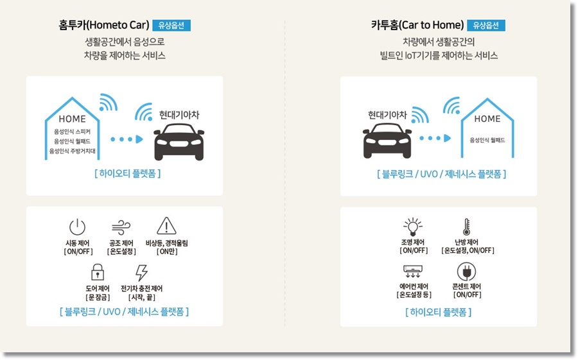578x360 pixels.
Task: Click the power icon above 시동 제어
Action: pos(77,227)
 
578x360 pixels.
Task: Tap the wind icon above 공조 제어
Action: pos(121,227)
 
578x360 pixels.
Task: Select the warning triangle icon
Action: pos(166,226)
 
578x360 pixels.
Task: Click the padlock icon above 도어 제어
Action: pos(98,271)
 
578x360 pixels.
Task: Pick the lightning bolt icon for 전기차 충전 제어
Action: pos(141,271)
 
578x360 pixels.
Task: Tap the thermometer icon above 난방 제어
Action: pos(467,227)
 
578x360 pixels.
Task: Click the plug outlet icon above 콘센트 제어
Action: pos(467,271)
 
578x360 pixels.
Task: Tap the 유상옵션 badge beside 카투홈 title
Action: pos(486,26)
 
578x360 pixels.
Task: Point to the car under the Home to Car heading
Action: pos(179,141)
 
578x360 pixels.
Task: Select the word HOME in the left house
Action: pos(72,119)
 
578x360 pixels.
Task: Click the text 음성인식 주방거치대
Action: pos(72,151)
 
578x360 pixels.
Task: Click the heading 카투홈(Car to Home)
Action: pos(417,26)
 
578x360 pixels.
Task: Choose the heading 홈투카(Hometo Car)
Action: pos(103,26)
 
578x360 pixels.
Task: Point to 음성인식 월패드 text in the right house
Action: pos(487,140)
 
